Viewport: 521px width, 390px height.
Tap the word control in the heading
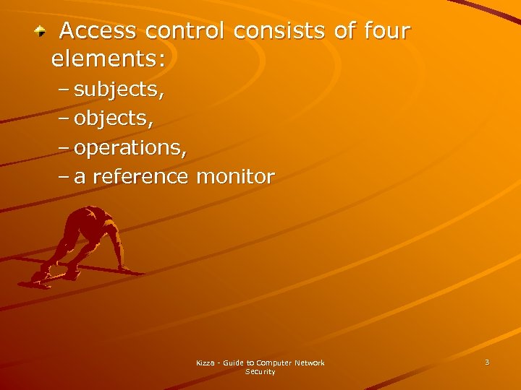tap(185, 31)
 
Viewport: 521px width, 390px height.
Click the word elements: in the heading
tap(109, 58)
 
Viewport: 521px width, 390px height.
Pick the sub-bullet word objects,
tap(114, 119)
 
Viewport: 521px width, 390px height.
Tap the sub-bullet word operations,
tap(130, 148)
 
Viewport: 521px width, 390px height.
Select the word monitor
tap(236, 176)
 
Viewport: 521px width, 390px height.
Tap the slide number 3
tap(487, 362)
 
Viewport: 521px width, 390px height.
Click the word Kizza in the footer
tap(206, 363)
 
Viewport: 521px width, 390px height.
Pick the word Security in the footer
tap(260, 372)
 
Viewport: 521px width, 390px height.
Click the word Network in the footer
tap(309, 363)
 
